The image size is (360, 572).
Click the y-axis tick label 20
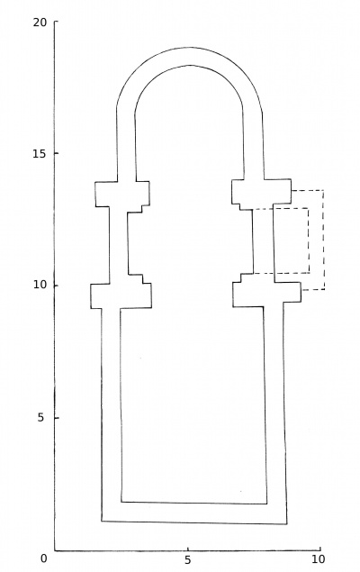pyautogui.click(x=40, y=23)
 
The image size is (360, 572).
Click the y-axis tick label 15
pyautogui.click(x=40, y=153)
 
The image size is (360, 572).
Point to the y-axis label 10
pyautogui.click(x=40, y=285)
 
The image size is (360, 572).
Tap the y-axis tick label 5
pyautogui.click(x=40, y=417)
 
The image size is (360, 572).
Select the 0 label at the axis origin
pyautogui.click(x=44, y=558)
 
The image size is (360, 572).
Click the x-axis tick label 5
pyautogui.click(x=188, y=560)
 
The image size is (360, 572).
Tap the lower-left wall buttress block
pyautogui.click(x=121, y=295)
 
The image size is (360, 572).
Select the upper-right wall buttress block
pyautogui.click(x=262, y=194)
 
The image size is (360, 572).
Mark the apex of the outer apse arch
pyautogui.click(x=190, y=47)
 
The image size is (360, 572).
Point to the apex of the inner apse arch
pyautogui.click(x=190, y=65)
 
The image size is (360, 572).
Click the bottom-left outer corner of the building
pyautogui.click(x=102, y=521)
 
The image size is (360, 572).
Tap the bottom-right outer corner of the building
pyautogui.click(x=287, y=524)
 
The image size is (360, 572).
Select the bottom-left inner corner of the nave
pyautogui.click(x=121, y=502)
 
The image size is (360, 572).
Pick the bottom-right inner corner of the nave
pyautogui.click(x=266, y=504)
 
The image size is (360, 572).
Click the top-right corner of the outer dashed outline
pyautogui.click(x=324, y=190)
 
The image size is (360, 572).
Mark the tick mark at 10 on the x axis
pyautogui.click(x=320, y=549)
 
